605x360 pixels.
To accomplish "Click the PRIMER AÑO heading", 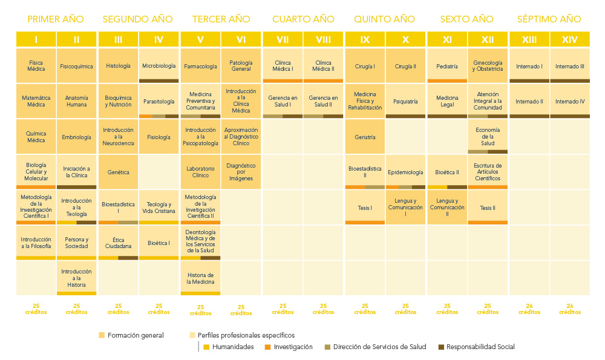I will pyautogui.click(x=56, y=19).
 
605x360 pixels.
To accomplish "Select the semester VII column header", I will pyautogui.click(x=283, y=40).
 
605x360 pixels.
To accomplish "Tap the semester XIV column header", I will pyautogui.click(x=570, y=40).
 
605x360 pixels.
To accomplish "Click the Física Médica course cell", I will pyautogui.click(x=36, y=65).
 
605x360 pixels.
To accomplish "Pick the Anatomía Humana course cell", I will pyautogui.click(x=76, y=101).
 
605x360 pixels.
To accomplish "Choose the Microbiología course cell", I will pyautogui.click(x=159, y=65).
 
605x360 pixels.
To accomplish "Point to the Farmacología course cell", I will pyautogui.click(x=200, y=66).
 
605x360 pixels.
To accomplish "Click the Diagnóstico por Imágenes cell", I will pyautogui.click(x=241, y=172).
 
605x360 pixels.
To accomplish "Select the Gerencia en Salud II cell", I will pyautogui.click(x=323, y=101).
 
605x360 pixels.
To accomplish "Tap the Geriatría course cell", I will pyautogui.click(x=365, y=137).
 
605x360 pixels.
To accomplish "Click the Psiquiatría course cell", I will pyautogui.click(x=405, y=101).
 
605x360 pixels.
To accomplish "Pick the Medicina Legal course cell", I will pyautogui.click(x=447, y=101).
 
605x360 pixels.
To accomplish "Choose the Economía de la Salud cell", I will pyautogui.click(x=488, y=137).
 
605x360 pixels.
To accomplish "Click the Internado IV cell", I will pyautogui.click(x=570, y=101).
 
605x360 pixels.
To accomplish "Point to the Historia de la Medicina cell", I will pyautogui.click(x=200, y=278).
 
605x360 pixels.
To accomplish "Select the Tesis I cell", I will pyautogui.click(x=365, y=208).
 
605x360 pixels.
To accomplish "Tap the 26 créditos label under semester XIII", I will pyautogui.click(x=529, y=309).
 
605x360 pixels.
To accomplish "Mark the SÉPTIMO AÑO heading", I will pyautogui.click(x=549, y=19).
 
